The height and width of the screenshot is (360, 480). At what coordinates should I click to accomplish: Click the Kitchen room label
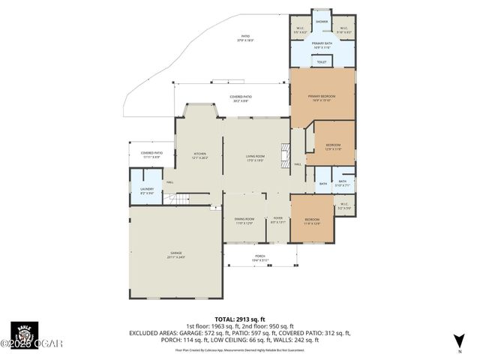(x=199, y=155)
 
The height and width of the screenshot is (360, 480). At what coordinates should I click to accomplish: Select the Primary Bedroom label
(x=322, y=97)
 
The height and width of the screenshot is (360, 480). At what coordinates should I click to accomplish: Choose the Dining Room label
(x=245, y=220)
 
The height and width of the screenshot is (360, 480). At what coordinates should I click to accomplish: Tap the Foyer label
(x=277, y=220)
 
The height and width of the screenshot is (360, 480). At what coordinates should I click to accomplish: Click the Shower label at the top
(x=322, y=22)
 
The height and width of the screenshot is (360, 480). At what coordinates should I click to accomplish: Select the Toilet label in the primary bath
(x=322, y=61)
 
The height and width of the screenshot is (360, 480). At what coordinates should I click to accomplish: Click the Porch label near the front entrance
(x=260, y=258)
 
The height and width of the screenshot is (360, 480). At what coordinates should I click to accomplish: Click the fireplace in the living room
(x=284, y=156)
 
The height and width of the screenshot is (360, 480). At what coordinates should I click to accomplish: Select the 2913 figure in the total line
(x=246, y=319)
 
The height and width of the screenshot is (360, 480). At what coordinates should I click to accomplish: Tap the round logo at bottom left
(x=24, y=334)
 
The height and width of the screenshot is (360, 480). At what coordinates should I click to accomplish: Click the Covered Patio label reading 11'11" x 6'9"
(x=151, y=154)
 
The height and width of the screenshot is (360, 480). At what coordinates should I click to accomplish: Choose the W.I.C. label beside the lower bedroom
(x=344, y=205)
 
